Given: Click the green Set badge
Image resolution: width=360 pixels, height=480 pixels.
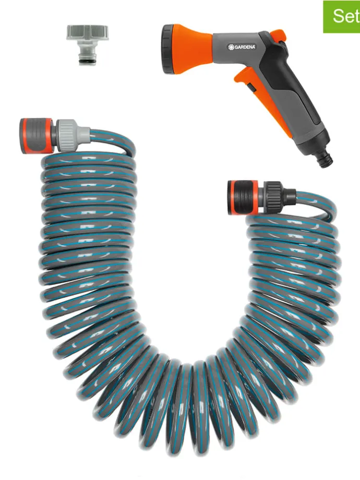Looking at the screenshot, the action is pyautogui.click(x=342, y=17).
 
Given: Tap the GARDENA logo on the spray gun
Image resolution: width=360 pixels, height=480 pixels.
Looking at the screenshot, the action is pyautogui.click(x=242, y=47).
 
